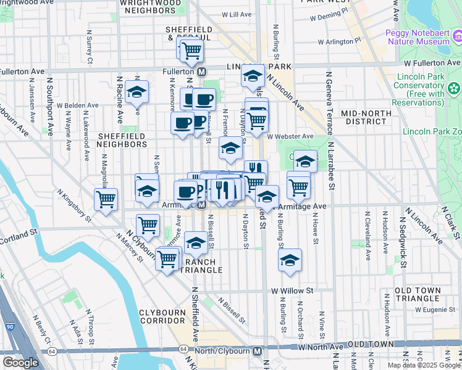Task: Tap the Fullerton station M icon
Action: pos(202,72)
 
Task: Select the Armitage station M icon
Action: pos(202,205)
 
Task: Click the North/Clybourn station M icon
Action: pos(258,351)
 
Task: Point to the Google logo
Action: pos(20,362)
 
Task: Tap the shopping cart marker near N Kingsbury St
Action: pos(106,199)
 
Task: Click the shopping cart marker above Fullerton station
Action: pos(191,50)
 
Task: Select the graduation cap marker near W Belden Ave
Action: pos(136,93)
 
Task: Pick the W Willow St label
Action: pos(292,290)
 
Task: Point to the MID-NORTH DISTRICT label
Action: pos(366,117)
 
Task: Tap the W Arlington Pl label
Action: pos(339,41)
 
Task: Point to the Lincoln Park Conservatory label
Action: pos(428,89)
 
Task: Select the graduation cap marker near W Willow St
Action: pos(290,261)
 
